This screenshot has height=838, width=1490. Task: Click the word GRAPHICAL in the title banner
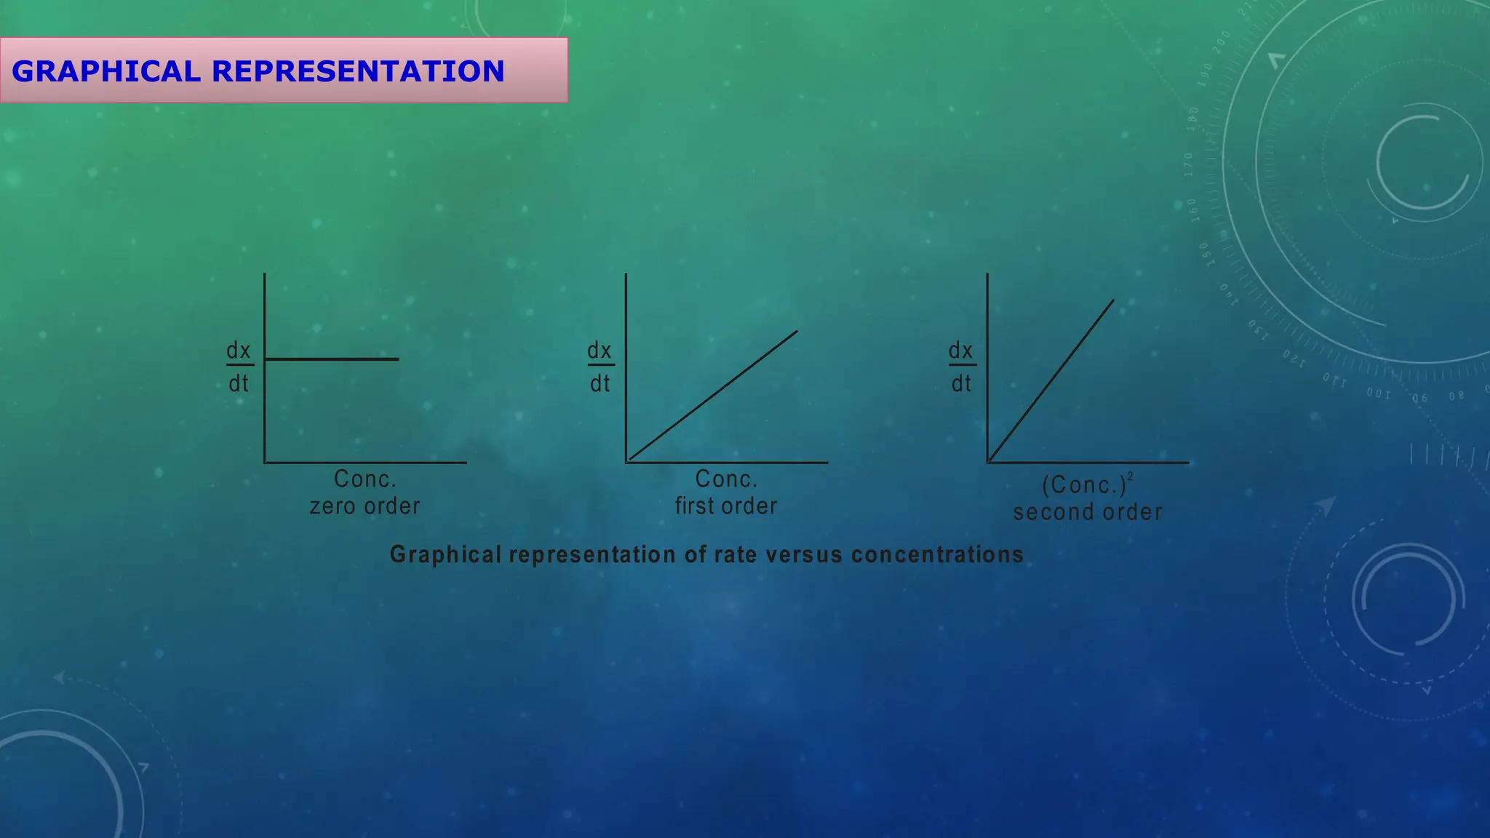tap(106, 71)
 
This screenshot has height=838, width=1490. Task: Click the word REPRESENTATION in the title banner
tap(358, 71)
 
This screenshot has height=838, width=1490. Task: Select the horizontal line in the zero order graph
tap(332, 359)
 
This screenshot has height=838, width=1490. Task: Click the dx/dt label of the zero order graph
tap(239, 367)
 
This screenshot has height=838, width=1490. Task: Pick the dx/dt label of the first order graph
tap(600, 367)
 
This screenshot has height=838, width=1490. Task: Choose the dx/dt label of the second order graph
tap(961, 367)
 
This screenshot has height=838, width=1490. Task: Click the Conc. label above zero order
tap(365, 479)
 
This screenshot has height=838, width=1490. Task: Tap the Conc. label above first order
tap(726, 479)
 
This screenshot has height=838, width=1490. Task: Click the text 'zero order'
tap(365, 506)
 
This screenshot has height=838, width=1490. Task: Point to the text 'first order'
tap(726, 506)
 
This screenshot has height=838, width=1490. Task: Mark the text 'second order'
tap(1088, 512)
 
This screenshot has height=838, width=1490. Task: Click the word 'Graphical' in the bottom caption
tap(446, 554)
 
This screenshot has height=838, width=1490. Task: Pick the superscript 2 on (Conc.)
tap(1130, 476)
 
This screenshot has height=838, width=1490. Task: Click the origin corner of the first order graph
tap(626, 462)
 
